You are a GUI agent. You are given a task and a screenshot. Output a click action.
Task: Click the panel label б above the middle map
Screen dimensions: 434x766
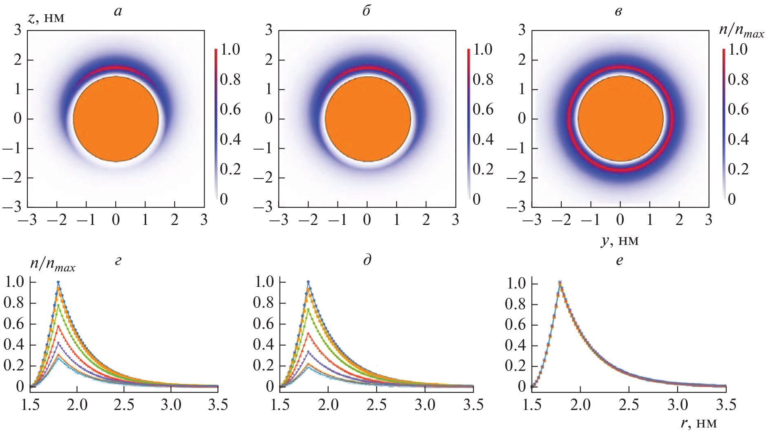pos(366,11)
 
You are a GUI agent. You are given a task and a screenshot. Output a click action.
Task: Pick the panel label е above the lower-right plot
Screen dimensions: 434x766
pos(619,261)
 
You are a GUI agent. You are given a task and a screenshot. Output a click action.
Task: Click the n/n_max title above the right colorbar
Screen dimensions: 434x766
pos(741,34)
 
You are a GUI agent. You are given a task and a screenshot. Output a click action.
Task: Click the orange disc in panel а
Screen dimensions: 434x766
pos(116,119)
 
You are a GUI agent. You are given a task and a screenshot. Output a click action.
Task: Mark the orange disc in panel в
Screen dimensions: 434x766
pos(620,119)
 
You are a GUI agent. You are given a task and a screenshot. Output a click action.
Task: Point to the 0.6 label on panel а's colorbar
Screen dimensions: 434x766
pos(230,110)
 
